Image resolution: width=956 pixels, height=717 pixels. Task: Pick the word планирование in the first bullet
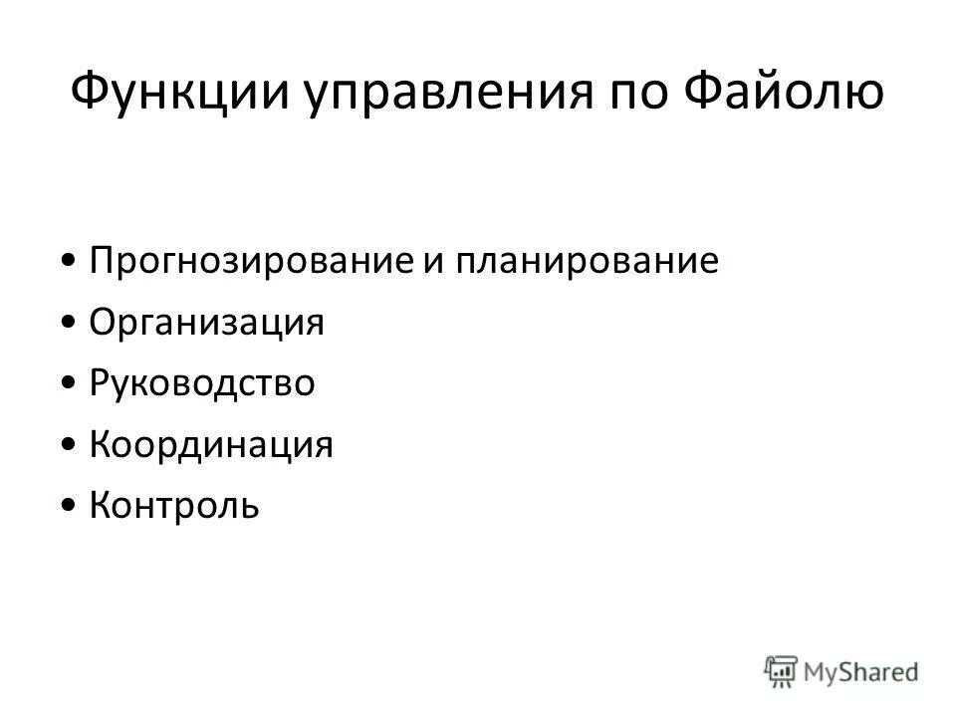(x=588, y=263)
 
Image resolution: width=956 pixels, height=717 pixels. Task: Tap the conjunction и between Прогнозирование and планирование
(x=441, y=263)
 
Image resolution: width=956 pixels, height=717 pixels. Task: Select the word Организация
(x=207, y=324)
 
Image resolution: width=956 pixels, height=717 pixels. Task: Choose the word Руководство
(x=202, y=384)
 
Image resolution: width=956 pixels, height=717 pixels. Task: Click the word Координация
(x=211, y=445)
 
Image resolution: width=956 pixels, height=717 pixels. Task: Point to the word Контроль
(x=174, y=506)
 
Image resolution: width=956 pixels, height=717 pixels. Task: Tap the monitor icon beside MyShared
(x=782, y=670)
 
